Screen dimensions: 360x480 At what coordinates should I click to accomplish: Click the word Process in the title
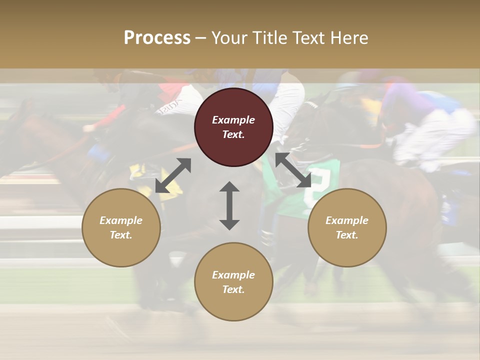(x=157, y=38)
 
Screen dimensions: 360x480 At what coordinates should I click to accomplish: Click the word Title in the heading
(x=269, y=38)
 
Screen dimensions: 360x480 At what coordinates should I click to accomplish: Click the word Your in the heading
(x=229, y=38)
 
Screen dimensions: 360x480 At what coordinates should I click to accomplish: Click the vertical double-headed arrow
(x=229, y=205)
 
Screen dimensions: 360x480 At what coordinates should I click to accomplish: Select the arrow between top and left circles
(x=173, y=175)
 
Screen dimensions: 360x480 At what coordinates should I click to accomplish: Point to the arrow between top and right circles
(x=293, y=170)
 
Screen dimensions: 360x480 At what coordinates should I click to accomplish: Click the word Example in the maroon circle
(x=233, y=120)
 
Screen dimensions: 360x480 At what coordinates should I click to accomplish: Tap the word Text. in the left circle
(x=121, y=235)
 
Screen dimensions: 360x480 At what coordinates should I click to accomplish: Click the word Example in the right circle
(x=347, y=220)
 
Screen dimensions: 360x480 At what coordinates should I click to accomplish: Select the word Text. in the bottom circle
(x=233, y=289)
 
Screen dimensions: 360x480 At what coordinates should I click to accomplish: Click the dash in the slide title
(x=200, y=38)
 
